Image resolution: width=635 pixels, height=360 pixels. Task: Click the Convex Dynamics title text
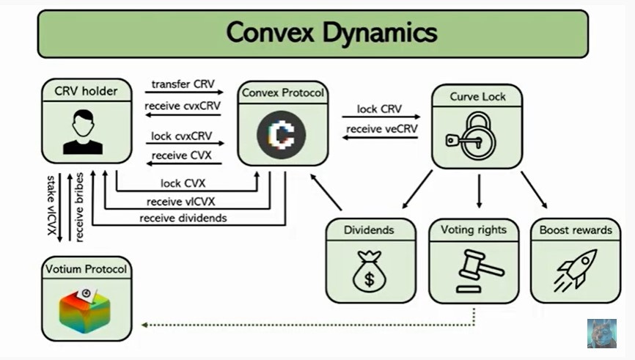pos(331,33)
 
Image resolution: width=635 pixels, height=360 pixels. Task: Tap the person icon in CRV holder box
pos(83,131)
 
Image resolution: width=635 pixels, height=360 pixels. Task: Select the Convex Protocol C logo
pos(282,133)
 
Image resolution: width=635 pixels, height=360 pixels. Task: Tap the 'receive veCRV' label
pos(381,130)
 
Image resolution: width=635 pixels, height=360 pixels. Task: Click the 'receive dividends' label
pos(183,218)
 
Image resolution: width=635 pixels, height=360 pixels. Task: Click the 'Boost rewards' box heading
pos(575,229)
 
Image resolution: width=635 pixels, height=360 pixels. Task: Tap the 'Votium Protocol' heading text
pos(86,269)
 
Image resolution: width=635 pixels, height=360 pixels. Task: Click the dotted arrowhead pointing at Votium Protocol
pos(145,323)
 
